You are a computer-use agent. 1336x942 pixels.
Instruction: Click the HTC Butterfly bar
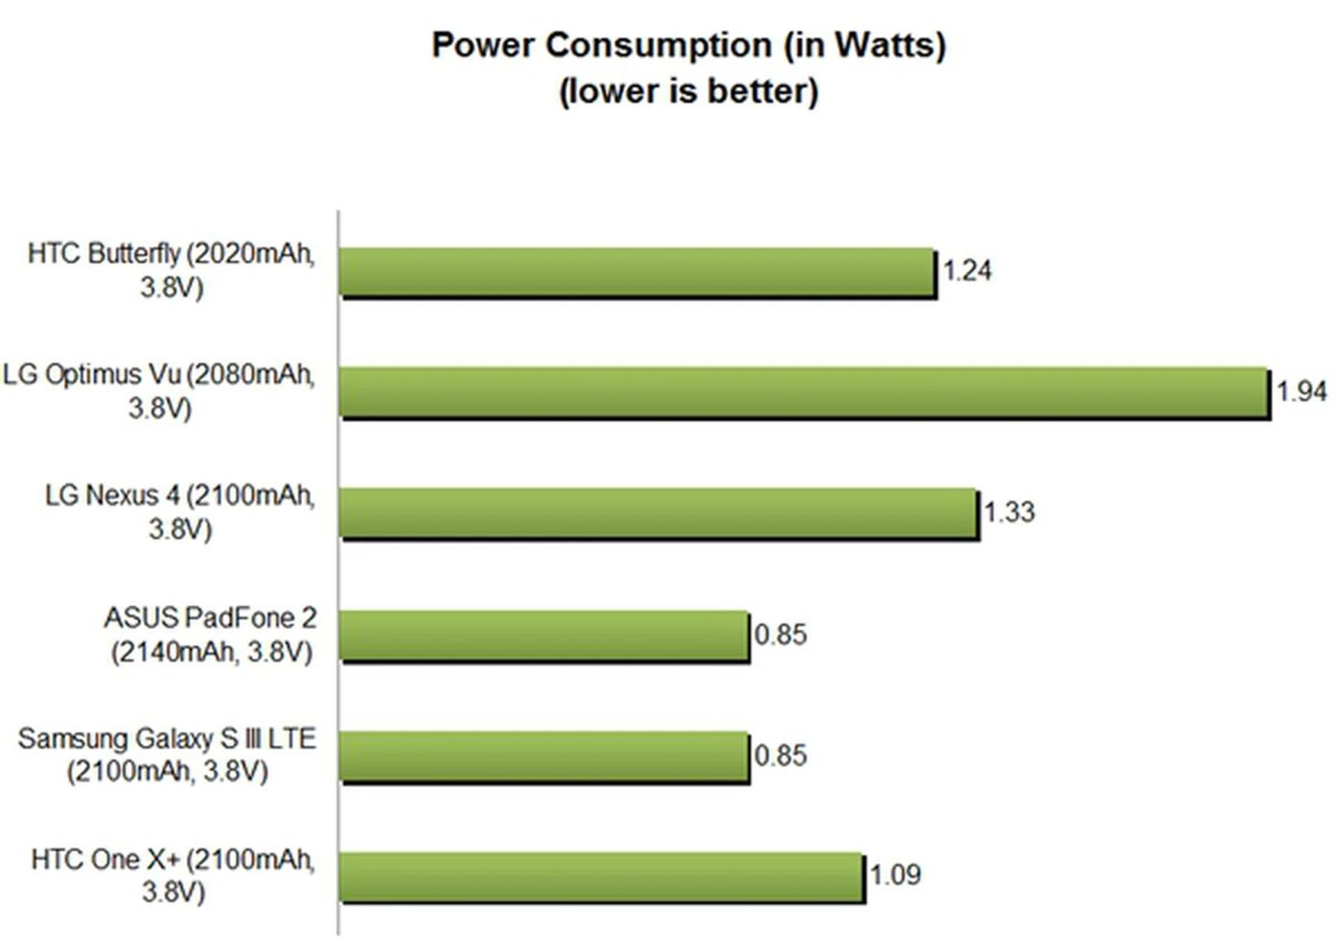coord(637,272)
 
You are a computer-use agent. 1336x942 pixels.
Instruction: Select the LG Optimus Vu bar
coord(804,392)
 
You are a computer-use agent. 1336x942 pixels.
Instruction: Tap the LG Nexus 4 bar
coord(658,513)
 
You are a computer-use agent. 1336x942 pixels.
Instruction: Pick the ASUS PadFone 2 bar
coord(543,635)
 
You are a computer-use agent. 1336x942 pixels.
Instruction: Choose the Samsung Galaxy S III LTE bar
coord(543,756)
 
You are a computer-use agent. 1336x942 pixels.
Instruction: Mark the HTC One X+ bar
coord(601,877)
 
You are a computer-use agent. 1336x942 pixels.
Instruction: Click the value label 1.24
coord(967,271)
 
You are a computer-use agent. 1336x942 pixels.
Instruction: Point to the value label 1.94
coord(1301,391)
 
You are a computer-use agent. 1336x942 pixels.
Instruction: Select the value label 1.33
coord(1009,513)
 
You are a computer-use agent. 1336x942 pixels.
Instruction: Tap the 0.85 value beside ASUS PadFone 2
coord(781,634)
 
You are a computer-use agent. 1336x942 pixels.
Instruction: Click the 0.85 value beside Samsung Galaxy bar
coord(781,756)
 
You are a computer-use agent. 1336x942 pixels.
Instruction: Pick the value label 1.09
coord(895,875)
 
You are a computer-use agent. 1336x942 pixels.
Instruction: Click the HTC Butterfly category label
coord(171,270)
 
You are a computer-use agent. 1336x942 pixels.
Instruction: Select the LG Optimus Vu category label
coord(159,390)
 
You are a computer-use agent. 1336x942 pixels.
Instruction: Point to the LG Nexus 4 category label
coord(180,511)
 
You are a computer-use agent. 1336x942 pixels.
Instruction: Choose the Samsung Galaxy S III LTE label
coord(167,755)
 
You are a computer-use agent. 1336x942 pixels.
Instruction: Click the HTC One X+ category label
coord(173,875)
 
